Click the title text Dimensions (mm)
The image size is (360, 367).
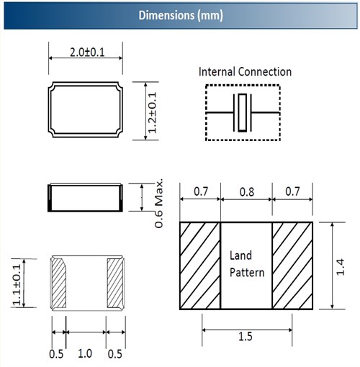(181, 16)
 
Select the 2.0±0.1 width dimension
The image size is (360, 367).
(87, 53)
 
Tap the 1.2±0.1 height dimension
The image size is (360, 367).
(152, 112)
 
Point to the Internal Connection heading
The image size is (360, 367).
(245, 72)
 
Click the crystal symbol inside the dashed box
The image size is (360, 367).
(243, 112)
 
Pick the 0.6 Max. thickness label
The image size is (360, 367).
(159, 203)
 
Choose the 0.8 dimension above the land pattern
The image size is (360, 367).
(247, 192)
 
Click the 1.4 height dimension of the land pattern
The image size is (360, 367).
(341, 267)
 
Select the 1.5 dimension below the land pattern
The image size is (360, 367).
(246, 336)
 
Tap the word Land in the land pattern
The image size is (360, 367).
(240, 255)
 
